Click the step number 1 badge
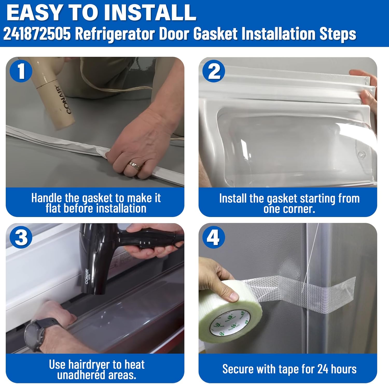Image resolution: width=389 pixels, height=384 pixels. (21, 71)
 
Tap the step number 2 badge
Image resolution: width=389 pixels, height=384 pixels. (214, 71)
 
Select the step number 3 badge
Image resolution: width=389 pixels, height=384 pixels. (21, 237)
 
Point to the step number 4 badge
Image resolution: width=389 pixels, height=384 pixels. (214, 237)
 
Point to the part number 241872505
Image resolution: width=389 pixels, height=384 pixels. (37, 34)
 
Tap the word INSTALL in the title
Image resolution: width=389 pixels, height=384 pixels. (150, 13)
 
